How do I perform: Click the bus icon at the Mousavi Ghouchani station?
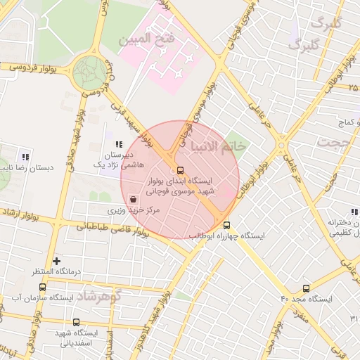181,170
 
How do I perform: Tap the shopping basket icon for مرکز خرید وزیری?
133,200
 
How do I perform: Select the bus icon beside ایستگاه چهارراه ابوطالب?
226,226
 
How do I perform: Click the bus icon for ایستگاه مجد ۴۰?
306,288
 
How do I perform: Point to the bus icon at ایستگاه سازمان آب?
42,288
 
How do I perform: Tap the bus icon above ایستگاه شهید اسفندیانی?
76,323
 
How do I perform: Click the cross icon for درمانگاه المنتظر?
57,261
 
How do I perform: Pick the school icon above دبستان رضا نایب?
25,157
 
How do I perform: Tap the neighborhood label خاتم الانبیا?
217,146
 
